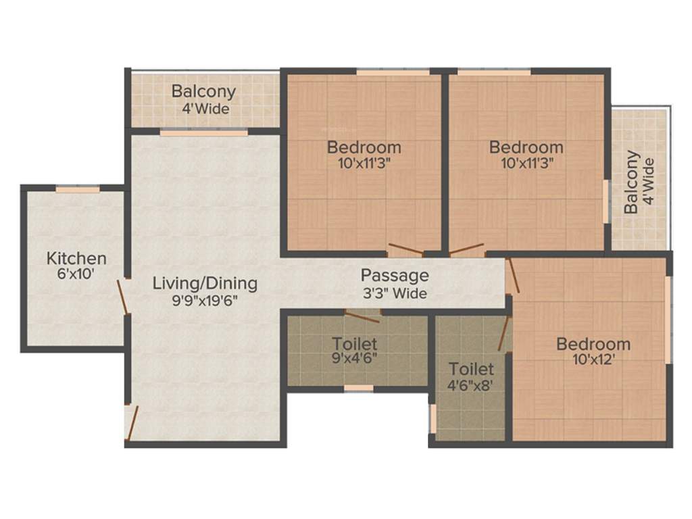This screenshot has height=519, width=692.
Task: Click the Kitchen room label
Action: click(x=76, y=258)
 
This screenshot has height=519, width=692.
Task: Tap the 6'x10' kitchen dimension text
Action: click(x=76, y=274)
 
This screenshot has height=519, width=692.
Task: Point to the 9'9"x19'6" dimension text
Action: click(x=205, y=300)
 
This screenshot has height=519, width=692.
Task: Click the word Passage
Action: click(x=395, y=276)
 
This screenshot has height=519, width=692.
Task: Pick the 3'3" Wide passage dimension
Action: click(x=395, y=293)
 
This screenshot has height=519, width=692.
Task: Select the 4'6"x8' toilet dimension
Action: click(x=471, y=386)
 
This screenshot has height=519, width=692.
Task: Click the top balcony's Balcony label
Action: click(x=203, y=91)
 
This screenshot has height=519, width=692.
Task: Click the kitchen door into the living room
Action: click(x=122, y=297)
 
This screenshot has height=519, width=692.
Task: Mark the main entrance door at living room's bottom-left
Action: click(x=132, y=422)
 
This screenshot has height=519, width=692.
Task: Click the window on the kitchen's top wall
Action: click(x=78, y=189)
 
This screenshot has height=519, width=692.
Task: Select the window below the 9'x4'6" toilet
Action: click(x=358, y=389)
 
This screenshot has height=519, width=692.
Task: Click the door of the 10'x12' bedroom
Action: click(x=514, y=276)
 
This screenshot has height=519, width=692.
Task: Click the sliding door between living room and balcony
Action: click(x=203, y=133)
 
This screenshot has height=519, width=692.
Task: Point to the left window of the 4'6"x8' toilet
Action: click(x=432, y=418)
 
